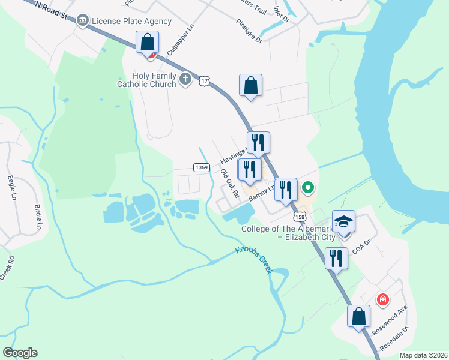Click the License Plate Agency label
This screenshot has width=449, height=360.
(x=131, y=22)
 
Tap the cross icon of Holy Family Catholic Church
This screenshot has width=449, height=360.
(x=186, y=79)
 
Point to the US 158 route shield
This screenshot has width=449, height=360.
(x=298, y=216)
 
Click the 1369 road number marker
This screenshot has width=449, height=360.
(x=202, y=167)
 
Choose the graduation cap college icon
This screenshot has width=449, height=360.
(x=344, y=223)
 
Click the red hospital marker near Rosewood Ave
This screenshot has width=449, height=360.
(x=381, y=299)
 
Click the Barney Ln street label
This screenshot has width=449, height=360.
(x=262, y=192)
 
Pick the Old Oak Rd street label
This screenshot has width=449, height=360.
(x=230, y=183)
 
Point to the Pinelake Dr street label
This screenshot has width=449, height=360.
(x=249, y=31)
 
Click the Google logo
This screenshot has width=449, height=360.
(x=20, y=353)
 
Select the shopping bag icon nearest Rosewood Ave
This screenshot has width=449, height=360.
(x=358, y=317)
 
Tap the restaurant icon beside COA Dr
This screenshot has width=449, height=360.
(x=336, y=259)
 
